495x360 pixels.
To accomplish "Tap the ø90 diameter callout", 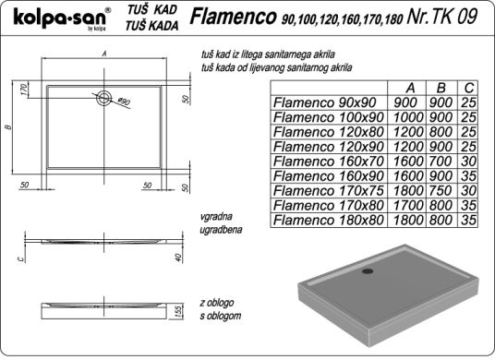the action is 124,102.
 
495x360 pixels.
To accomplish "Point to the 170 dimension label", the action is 24,90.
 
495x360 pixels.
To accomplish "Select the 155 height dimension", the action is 178,311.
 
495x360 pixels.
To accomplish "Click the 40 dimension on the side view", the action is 178,258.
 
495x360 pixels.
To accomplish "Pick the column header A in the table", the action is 410,88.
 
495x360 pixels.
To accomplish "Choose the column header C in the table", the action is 469,88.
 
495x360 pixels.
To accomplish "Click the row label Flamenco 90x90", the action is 325,102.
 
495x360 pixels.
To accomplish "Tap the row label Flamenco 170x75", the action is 329,190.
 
